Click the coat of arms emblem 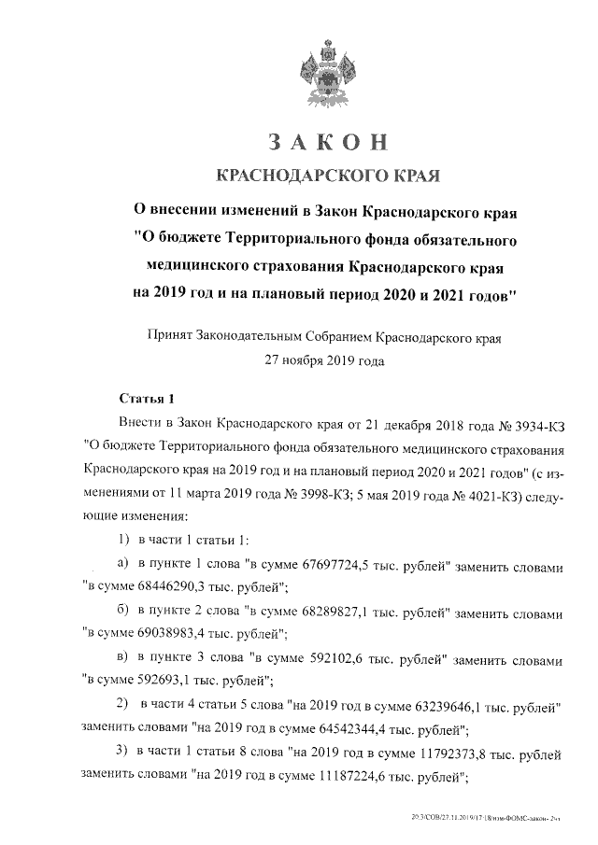coord(327,70)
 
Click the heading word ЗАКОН coord(327,141)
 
